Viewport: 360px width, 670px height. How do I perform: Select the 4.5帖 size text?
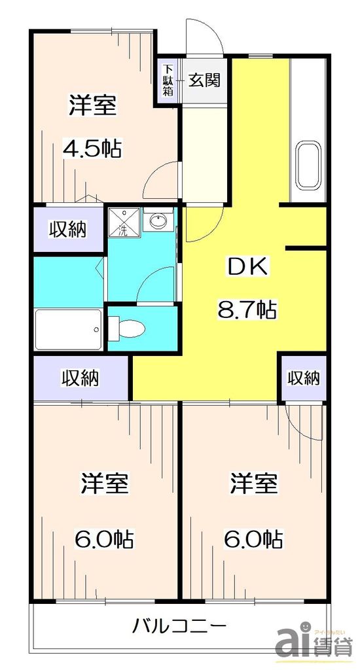pyautogui.click(x=92, y=149)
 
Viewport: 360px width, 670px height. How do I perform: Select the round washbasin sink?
pyautogui.click(x=158, y=221)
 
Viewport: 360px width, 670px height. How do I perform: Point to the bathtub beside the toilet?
pyautogui.click(x=68, y=328)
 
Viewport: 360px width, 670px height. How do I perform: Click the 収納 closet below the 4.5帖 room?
pyautogui.click(x=68, y=230)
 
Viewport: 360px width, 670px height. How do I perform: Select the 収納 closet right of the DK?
pyautogui.click(x=303, y=378)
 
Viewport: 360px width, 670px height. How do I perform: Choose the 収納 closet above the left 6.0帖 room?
pyautogui.click(x=81, y=378)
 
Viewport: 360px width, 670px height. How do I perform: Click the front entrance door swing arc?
pyautogui.click(x=204, y=36)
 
